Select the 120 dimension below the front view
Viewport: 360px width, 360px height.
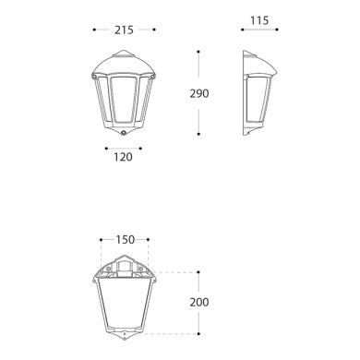(122, 157)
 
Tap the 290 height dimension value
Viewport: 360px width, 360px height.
(223, 93)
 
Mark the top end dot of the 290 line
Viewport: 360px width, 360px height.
(199, 50)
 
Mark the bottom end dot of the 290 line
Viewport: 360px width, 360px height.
(199, 137)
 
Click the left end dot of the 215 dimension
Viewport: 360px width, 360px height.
(95, 30)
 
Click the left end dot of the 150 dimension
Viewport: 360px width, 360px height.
(100, 240)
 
